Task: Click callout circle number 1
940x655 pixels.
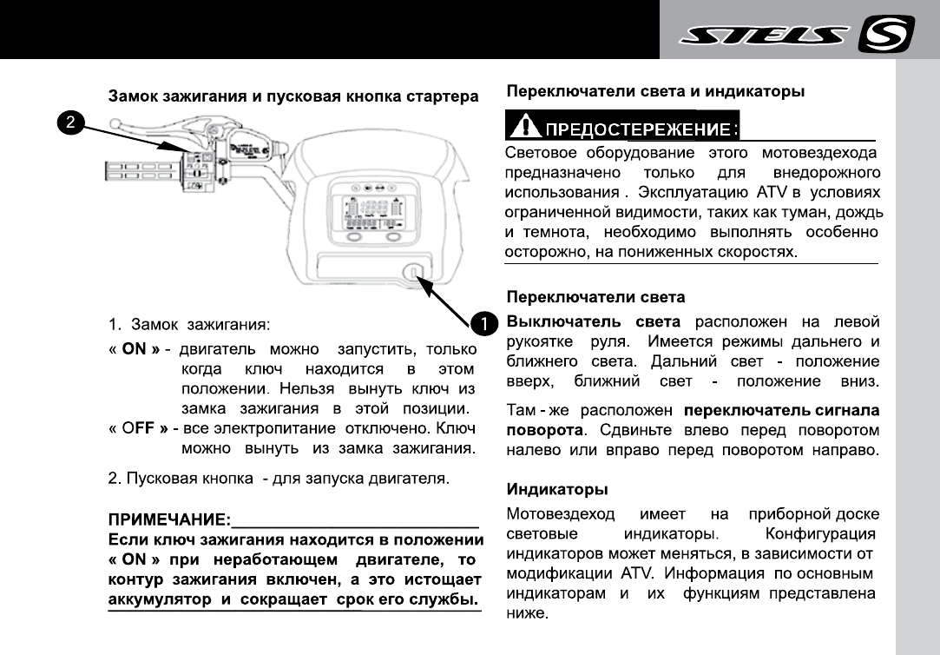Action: click(482, 323)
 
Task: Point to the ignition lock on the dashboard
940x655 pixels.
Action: click(413, 275)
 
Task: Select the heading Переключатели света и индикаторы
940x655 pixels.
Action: click(654, 90)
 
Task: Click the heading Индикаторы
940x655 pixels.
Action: click(556, 490)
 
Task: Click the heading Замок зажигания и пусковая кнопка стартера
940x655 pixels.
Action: click(293, 95)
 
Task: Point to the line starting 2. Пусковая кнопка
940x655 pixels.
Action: click(278, 478)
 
